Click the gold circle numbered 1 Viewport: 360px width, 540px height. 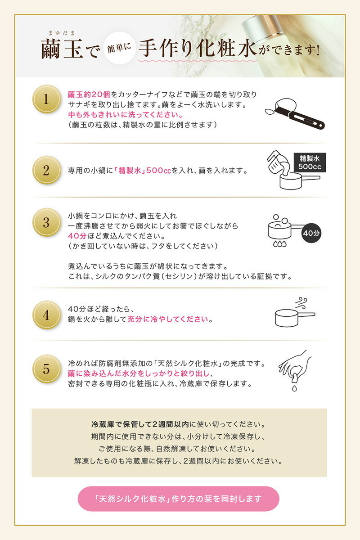pos(46,99)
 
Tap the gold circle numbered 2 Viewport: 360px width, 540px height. pos(46,170)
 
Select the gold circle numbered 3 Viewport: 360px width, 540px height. pos(46,222)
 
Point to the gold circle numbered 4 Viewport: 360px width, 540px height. pos(46,315)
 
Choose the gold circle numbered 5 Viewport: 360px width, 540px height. pos(46,369)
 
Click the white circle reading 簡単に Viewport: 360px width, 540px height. pos(119,48)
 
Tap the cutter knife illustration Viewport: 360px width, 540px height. pos(295,114)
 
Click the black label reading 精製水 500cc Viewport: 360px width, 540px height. pos(310,162)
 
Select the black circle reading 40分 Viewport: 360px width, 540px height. pos(311,233)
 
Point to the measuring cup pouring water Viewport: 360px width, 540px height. pos(279,163)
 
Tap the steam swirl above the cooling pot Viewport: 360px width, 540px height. pos(301,303)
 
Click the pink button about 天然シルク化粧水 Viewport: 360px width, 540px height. pos(179,499)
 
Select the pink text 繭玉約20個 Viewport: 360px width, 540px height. pos(89,94)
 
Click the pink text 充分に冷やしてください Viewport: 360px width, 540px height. pos(167,319)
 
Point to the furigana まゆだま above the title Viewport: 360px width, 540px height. pos(62,33)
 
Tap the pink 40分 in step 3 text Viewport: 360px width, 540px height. pos(77,236)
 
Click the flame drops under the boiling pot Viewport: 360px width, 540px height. pos(280,244)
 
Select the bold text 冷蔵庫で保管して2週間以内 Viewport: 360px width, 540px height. pos(140,424)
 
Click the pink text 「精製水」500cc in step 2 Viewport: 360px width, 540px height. pos(142,171)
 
